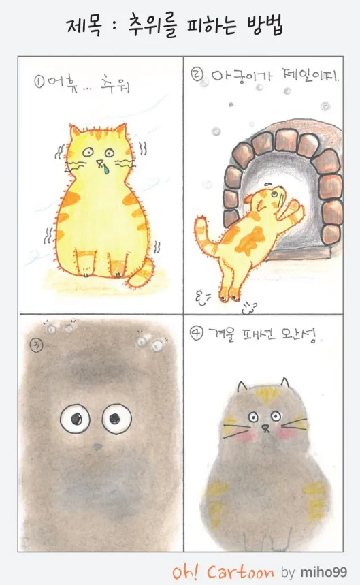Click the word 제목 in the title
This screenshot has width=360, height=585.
click(84, 26)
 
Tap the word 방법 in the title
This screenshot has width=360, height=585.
click(265, 26)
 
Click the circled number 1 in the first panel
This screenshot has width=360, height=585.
click(39, 81)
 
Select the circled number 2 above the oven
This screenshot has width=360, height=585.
click(197, 76)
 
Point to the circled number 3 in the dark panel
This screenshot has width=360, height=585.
click(37, 346)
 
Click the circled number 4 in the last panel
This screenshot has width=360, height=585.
click(196, 334)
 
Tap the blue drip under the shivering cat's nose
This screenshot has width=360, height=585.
click(107, 170)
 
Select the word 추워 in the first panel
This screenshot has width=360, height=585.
click(115, 84)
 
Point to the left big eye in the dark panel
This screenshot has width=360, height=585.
click(76, 419)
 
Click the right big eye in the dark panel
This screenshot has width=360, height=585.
click(116, 419)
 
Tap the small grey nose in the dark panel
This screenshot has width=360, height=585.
click(97, 447)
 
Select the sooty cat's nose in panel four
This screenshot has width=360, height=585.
click(265, 427)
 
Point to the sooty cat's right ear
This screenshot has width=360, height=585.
click(284, 383)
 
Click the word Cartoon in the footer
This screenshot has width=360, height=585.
click(240, 572)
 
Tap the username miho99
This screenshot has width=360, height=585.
click(324, 572)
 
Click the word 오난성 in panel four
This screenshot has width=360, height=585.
click(300, 336)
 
